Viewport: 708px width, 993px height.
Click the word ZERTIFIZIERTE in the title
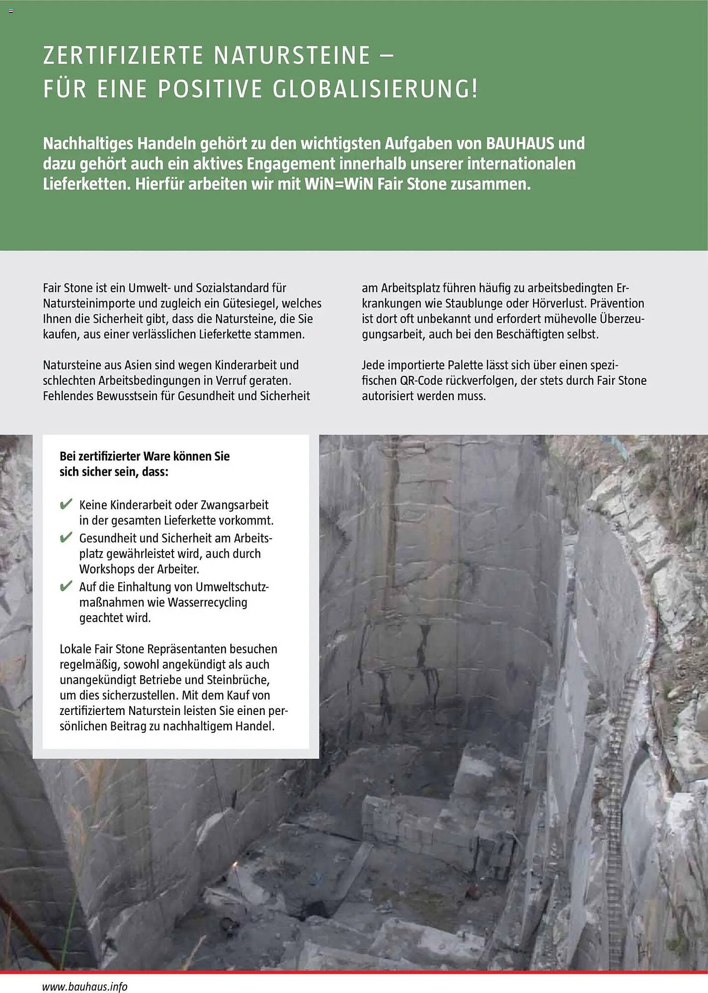click(x=123, y=55)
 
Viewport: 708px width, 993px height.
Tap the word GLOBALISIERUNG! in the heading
click(x=375, y=89)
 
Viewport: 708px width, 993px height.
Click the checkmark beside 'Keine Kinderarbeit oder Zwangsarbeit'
click(x=66, y=504)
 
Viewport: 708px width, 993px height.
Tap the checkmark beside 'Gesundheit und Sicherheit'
click(x=66, y=538)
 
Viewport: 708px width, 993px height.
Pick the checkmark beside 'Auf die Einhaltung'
click(x=66, y=586)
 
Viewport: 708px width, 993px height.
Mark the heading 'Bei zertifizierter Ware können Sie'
click(x=145, y=456)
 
